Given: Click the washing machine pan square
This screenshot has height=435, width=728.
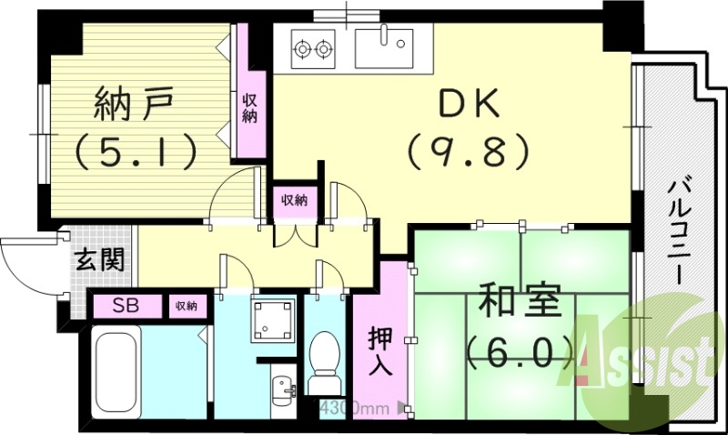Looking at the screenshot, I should [x=274, y=319].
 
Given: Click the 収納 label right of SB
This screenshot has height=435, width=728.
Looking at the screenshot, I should [x=187, y=306].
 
